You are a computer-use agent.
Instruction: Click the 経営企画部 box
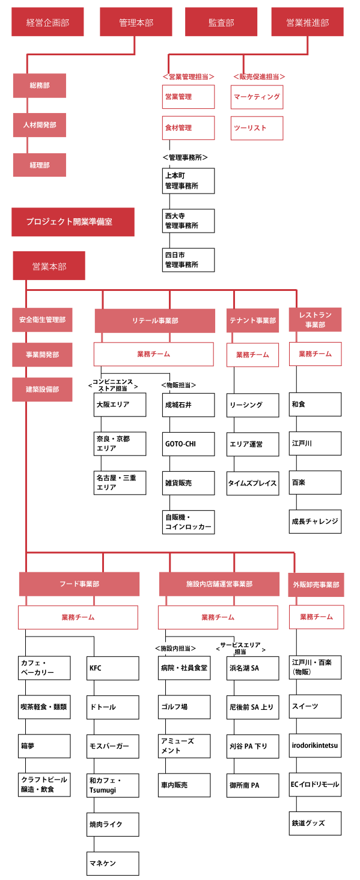point(47,22)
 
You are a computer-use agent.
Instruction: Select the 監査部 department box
point(221,22)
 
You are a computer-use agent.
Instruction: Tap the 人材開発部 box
point(40,125)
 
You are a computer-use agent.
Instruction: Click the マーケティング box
point(257,97)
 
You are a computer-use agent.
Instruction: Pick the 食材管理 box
point(189,127)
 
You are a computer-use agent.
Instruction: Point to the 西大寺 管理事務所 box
point(189,221)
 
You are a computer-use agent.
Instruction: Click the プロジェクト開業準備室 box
point(73,222)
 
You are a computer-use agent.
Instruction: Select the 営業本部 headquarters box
point(49,266)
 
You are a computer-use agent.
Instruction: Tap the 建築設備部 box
point(43,390)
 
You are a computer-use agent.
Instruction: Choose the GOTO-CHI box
point(189,444)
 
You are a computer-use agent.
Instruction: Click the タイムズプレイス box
point(253,483)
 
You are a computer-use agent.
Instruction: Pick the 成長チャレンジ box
point(316,521)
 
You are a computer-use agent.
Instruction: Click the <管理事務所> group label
point(185,157)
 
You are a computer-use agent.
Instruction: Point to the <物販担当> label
point(178,385)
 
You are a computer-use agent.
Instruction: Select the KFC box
point(112,668)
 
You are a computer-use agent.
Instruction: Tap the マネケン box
point(112,863)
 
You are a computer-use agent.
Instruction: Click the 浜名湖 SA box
point(253,668)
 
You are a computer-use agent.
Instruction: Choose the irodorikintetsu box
point(316,745)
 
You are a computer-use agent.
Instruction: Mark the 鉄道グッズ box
point(316,823)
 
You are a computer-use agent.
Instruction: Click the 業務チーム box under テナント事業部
point(253,355)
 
